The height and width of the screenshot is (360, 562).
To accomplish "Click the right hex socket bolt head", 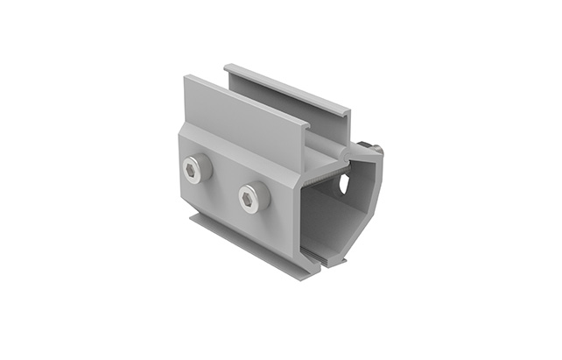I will tap(253, 197).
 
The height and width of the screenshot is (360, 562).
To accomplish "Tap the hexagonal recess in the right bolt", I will tap(252, 198).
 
